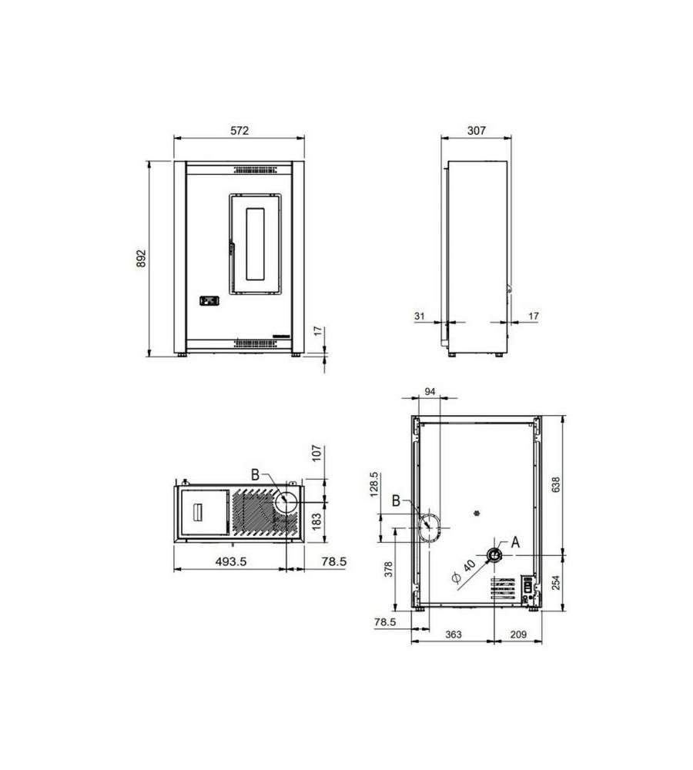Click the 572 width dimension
click(x=239, y=131)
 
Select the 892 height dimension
click(x=141, y=258)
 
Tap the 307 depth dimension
click(x=477, y=131)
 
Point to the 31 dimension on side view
click(x=419, y=316)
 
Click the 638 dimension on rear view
click(x=556, y=484)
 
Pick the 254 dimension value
click(x=556, y=583)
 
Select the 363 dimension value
click(x=454, y=634)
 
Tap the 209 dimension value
click(x=518, y=634)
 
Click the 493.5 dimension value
click(x=231, y=561)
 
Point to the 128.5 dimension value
click(x=374, y=484)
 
